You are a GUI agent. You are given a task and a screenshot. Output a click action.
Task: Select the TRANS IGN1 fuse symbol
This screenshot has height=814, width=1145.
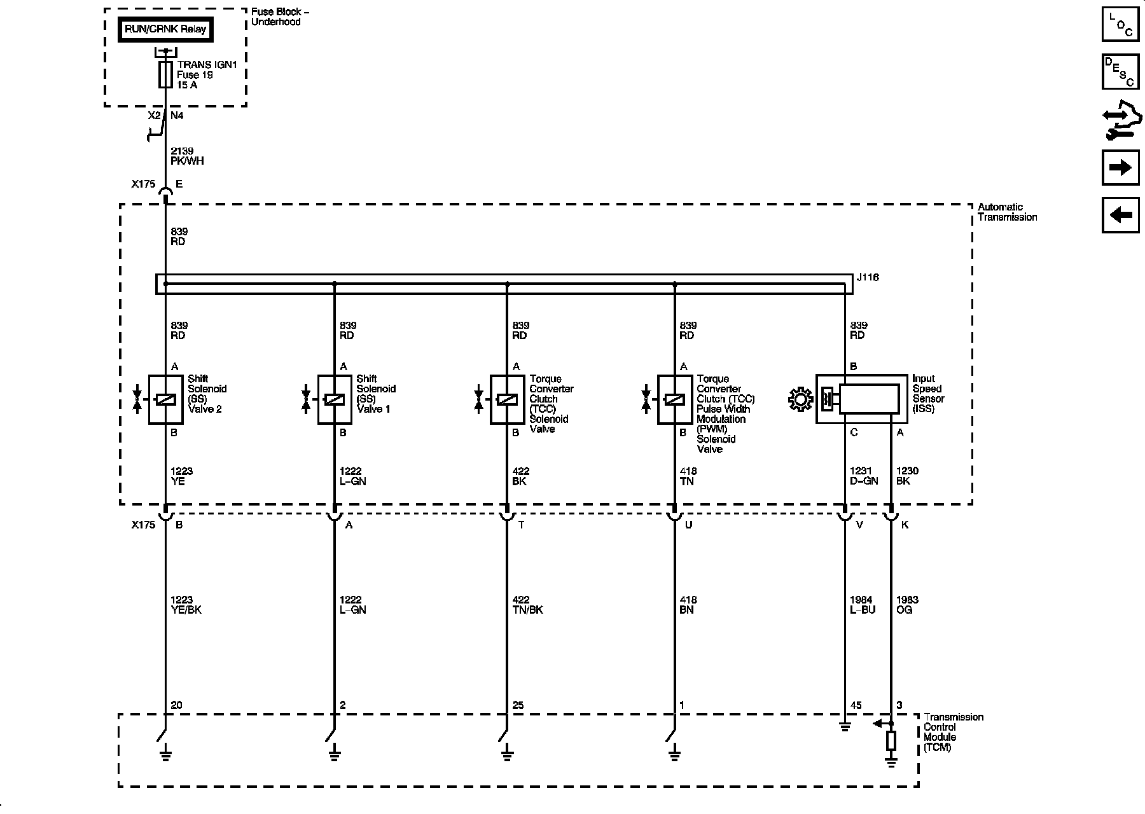[x=165, y=74]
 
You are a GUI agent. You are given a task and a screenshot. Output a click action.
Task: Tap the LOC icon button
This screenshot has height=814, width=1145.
[x=1120, y=24]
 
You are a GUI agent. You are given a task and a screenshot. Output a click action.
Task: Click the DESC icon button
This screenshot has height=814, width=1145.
[x=1120, y=71]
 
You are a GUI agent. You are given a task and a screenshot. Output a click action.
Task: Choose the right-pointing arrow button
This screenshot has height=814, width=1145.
[x=1120, y=167]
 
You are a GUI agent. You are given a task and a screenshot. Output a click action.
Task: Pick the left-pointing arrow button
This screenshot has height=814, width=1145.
[x=1120, y=215]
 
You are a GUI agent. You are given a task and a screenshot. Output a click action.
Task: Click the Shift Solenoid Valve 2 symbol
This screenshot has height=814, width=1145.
[x=165, y=399]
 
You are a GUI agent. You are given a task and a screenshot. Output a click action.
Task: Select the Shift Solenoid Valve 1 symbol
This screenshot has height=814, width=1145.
[x=335, y=399]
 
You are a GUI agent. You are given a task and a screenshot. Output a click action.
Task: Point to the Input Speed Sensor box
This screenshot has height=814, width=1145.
[x=862, y=399]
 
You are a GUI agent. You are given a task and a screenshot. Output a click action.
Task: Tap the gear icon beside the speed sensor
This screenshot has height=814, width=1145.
[x=800, y=399]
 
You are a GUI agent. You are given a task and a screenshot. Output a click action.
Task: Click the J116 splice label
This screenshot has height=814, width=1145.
[x=868, y=278]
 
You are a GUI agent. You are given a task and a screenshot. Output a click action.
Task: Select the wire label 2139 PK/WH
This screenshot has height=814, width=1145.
[x=187, y=156]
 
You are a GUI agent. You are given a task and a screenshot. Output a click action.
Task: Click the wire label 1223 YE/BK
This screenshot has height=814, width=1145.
[x=186, y=605]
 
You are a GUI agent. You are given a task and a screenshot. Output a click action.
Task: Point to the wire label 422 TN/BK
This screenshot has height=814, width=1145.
[x=527, y=605]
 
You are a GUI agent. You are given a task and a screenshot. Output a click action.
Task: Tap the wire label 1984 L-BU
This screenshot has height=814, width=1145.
[x=863, y=605]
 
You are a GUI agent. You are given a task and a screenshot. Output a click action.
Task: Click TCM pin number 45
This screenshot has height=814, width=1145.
[x=856, y=705]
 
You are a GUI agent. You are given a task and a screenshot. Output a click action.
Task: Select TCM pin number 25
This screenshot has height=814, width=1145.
[x=518, y=705]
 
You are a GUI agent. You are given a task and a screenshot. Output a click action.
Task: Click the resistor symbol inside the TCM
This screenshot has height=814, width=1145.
[x=891, y=741]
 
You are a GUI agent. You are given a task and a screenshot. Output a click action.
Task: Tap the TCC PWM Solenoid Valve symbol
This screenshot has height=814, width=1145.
[x=674, y=399]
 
